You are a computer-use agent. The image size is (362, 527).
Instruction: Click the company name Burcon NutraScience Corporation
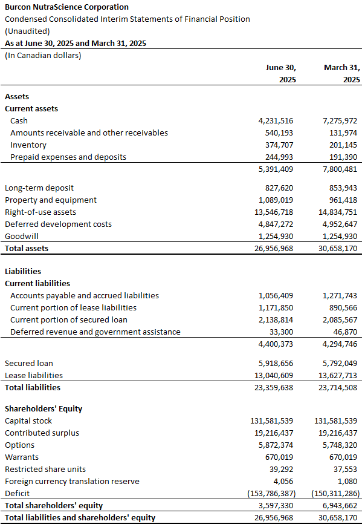[66, 7]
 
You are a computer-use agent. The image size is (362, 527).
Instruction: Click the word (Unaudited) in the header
[27, 31]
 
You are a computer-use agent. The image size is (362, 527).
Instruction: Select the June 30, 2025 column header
[281, 74]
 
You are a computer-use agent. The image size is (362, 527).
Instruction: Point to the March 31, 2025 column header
[342, 74]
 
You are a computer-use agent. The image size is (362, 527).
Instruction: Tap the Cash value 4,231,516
[276, 120]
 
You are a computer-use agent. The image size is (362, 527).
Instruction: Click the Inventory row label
[28, 145]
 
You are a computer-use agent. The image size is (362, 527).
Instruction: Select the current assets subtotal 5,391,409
[276, 169]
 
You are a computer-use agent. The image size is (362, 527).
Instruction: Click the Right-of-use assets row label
[40, 212]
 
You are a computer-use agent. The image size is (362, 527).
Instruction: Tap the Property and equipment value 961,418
[343, 200]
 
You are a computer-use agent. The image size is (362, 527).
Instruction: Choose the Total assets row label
[27, 249]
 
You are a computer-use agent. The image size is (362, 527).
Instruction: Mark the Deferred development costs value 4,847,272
[276, 224]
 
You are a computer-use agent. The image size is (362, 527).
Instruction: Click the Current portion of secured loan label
[69, 319]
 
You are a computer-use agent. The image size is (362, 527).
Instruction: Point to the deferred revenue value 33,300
[282, 332]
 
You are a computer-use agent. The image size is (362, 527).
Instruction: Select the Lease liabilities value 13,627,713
[338, 375]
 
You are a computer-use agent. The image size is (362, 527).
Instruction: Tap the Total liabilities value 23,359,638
[274, 387]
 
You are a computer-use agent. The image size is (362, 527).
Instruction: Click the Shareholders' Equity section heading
[44, 408]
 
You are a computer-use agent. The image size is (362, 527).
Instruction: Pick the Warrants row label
[22, 457]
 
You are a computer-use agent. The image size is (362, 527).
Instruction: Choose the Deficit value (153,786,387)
[272, 493]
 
